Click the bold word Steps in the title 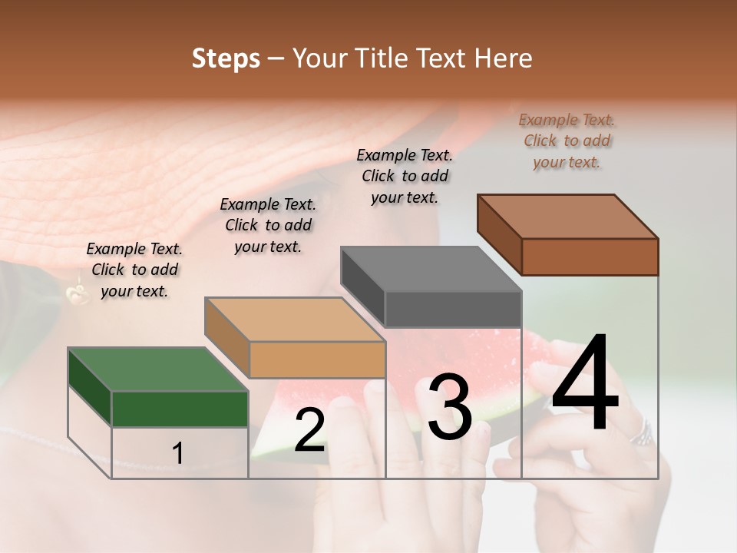[x=226, y=58]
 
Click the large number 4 [x=585, y=384]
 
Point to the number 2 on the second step [x=309, y=430]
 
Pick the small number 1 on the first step [x=177, y=453]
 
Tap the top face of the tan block [x=295, y=320]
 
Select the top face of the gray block [x=431, y=269]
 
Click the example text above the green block [x=134, y=270]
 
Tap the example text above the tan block [x=268, y=225]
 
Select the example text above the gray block [x=405, y=176]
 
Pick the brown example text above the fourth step [x=567, y=141]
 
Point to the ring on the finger [x=642, y=434]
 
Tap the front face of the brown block [x=590, y=257]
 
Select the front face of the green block [x=180, y=409]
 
